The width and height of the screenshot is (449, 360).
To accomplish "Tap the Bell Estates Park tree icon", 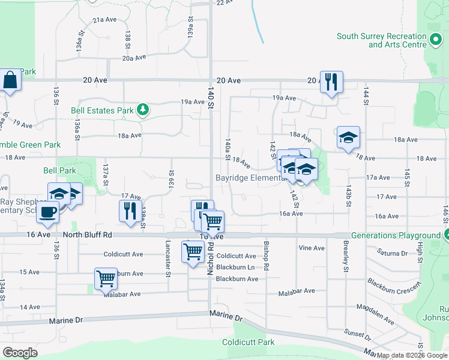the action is pyautogui.click(x=143, y=110).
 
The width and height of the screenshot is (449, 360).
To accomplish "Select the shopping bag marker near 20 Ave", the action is pyautogui.click(x=11, y=80).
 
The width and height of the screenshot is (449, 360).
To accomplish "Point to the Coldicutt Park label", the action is pyautogui.click(x=248, y=342).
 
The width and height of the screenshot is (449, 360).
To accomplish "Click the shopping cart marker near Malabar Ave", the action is pyautogui.click(x=106, y=278).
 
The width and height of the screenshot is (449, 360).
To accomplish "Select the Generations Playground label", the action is pyautogui.click(x=396, y=236).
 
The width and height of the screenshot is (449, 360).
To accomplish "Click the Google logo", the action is pyautogui.click(x=20, y=352).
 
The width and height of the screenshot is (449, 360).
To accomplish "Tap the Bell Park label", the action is pyautogui.click(x=59, y=170).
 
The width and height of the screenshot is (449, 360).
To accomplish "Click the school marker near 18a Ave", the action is pyautogui.click(x=348, y=137).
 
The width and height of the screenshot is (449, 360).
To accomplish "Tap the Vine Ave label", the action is pyautogui.click(x=311, y=248).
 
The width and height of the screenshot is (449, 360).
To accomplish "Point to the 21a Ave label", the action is pyautogui.click(x=104, y=20).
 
